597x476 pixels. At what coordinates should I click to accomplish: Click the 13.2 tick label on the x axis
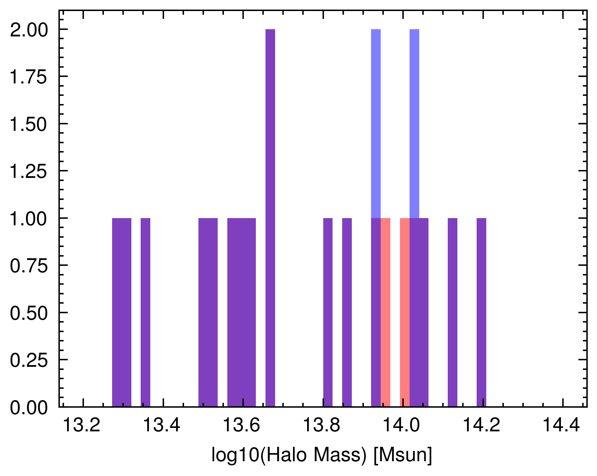[x=82, y=426]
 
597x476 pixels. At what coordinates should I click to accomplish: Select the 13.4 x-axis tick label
[x=162, y=426]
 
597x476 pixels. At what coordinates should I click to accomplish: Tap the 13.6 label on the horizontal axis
[x=242, y=426]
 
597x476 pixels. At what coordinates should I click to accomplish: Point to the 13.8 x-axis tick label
[x=322, y=426]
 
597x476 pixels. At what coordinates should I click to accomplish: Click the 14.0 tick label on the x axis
[x=402, y=426]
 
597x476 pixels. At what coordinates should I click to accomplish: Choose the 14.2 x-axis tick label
[x=481, y=426]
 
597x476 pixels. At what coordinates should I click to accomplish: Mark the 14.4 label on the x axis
[x=561, y=426]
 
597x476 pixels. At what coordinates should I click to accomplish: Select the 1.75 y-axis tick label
[x=29, y=77]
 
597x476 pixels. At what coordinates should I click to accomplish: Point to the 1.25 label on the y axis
[x=29, y=172]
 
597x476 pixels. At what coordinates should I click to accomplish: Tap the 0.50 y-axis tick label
[x=29, y=313]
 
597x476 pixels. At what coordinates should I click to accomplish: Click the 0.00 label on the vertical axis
[x=29, y=408]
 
